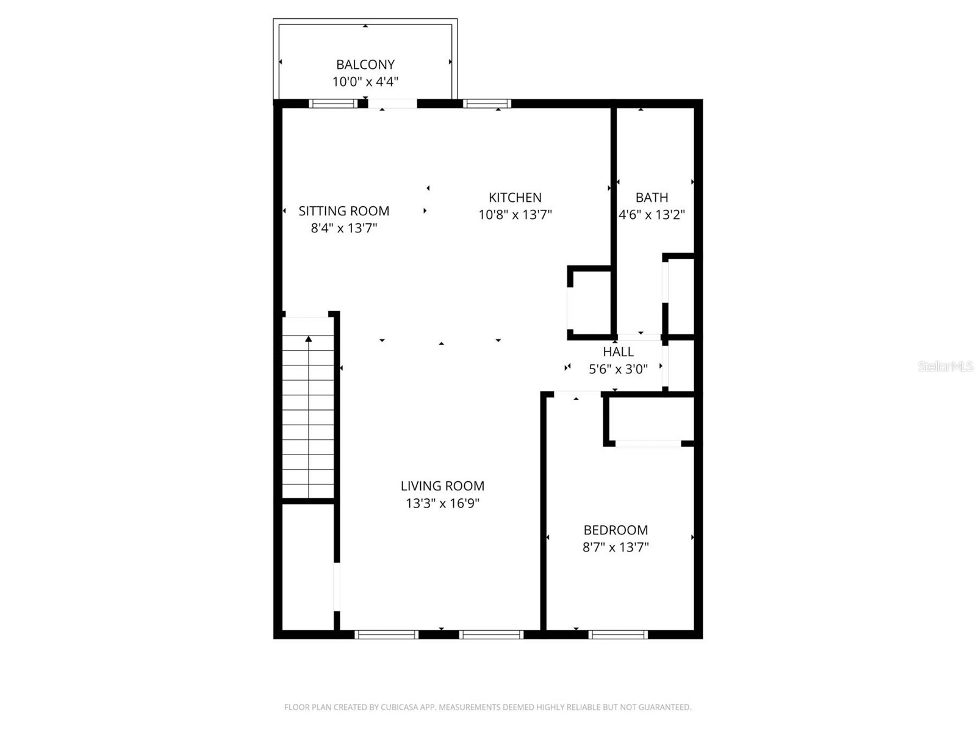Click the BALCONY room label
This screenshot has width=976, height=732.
pyautogui.click(x=365, y=65)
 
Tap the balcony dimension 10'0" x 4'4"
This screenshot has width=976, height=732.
pyautogui.click(x=365, y=82)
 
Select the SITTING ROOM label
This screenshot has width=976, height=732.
pyautogui.click(x=343, y=211)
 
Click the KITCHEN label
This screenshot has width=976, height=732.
pyautogui.click(x=515, y=198)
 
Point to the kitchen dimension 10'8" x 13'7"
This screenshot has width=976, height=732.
pyautogui.click(x=515, y=215)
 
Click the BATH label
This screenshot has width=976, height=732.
pyautogui.click(x=651, y=198)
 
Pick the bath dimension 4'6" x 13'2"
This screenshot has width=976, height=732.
pyautogui.click(x=651, y=215)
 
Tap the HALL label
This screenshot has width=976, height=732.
pyautogui.click(x=618, y=352)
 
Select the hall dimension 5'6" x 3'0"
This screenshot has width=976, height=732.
pyautogui.click(x=618, y=369)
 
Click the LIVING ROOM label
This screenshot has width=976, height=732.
pyautogui.click(x=442, y=486)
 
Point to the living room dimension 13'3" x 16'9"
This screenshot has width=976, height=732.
pyautogui.click(x=442, y=503)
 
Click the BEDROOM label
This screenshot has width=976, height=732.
pyautogui.click(x=615, y=530)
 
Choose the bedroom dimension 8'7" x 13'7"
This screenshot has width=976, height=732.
pyautogui.click(x=615, y=547)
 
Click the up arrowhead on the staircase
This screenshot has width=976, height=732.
pyautogui.click(x=309, y=339)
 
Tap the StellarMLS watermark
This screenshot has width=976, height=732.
pyautogui.click(x=945, y=367)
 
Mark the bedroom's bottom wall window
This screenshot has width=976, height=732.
pyautogui.click(x=618, y=635)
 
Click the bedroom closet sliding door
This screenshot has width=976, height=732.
pyautogui.click(x=648, y=443)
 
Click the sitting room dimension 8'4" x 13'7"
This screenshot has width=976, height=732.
pyautogui.click(x=343, y=228)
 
